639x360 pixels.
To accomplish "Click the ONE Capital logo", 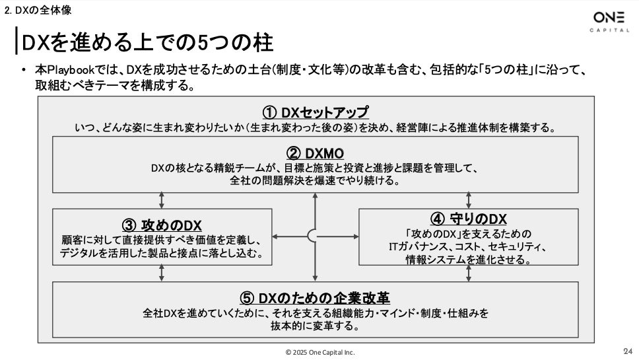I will tap(609, 22).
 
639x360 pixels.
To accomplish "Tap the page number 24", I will tap(627, 351).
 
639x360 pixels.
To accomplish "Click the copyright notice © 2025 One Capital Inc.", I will tap(319, 352).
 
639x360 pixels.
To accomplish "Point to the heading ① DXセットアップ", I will tap(315, 112).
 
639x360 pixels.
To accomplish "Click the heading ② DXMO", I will tap(315, 153).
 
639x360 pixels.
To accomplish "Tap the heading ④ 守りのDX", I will tap(468, 219).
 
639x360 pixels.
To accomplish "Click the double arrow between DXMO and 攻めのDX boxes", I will tap(162, 201).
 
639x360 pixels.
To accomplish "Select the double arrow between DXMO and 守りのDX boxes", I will tap(469, 201).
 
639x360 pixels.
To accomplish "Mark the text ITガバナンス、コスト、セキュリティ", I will tap(468, 247).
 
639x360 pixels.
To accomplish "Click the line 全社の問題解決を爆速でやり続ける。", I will tap(315, 180).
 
